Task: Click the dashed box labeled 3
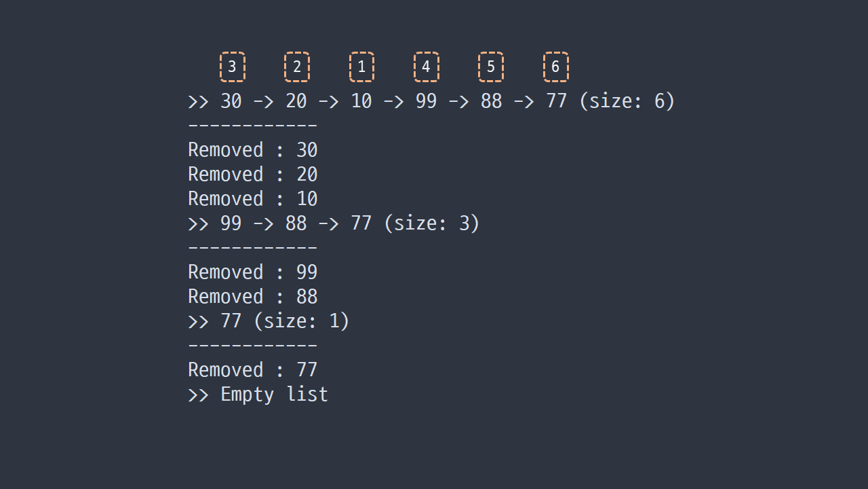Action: click(x=233, y=52)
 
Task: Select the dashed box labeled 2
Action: click(x=297, y=52)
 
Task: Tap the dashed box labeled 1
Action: click(x=361, y=52)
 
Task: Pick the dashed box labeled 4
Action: click(x=427, y=52)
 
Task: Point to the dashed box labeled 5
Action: click(x=491, y=52)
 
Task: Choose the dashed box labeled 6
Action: click(x=555, y=52)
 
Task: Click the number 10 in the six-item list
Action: click(x=361, y=101)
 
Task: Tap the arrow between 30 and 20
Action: click(x=264, y=102)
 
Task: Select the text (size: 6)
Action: click(x=627, y=101)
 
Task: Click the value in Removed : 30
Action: click(x=307, y=150)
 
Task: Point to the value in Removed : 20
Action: click(x=307, y=175)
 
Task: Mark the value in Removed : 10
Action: click(x=307, y=199)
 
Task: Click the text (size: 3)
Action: click(x=432, y=223)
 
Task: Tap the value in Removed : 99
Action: click(x=307, y=272)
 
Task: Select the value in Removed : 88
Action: click(x=307, y=297)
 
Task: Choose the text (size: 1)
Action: click(x=302, y=321)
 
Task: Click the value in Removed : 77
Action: click(x=307, y=370)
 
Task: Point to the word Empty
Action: click(x=248, y=395)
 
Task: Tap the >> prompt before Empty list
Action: click(x=198, y=395)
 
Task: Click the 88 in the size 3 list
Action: click(x=296, y=223)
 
